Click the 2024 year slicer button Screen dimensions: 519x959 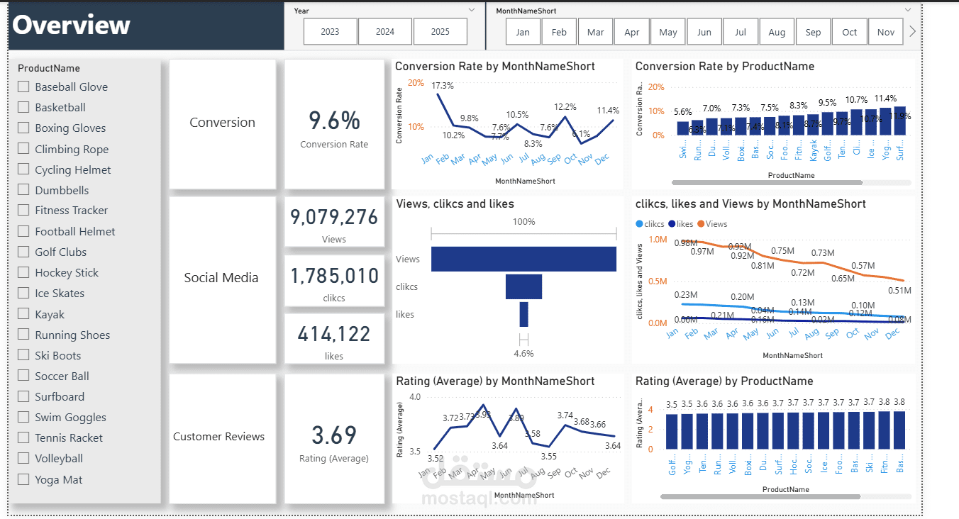(x=385, y=32)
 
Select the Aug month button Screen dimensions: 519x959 (x=777, y=32)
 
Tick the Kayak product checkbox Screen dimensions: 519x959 (x=23, y=314)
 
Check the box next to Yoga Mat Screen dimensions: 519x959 (x=23, y=479)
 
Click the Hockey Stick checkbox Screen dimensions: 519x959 (x=23, y=272)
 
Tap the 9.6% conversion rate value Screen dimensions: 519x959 (x=334, y=121)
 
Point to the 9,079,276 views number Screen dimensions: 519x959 (x=334, y=216)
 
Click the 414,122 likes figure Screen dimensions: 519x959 (x=334, y=333)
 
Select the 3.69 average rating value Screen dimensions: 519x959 (x=334, y=435)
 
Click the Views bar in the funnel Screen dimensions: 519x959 (x=523, y=259)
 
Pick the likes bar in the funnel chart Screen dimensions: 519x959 (x=524, y=314)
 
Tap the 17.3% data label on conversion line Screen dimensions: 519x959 (x=443, y=85)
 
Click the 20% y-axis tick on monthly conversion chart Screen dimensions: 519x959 (x=416, y=83)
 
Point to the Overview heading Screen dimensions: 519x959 (x=72, y=25)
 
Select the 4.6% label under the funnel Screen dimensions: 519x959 (x=523, y=353)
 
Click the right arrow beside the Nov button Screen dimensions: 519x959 (x=912, y=32)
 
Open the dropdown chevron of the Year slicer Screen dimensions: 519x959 (x=472, y=10)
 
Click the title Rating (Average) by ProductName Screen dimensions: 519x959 (x=724, y=381)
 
